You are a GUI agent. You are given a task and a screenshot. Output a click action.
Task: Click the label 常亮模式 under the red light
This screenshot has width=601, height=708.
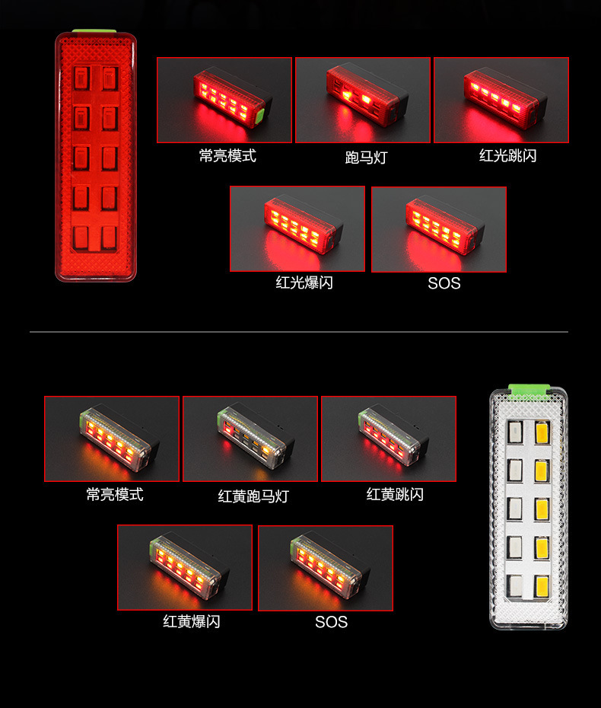[x=227, y=156]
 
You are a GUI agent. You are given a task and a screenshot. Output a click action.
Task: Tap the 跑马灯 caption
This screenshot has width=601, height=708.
[x=366, y=158]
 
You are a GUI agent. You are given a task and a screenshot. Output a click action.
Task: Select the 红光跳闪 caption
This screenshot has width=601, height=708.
[x=507, y=156]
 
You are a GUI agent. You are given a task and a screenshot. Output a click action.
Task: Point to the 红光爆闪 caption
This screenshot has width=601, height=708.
[x=304, y=282]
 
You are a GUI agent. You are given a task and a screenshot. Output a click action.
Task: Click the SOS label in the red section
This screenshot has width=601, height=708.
[x=444, y=283]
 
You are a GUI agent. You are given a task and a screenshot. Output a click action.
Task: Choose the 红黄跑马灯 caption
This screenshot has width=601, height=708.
[x=253, y=496]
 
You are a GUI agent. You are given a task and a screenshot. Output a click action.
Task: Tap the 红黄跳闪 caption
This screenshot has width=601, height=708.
[x=395, y=494]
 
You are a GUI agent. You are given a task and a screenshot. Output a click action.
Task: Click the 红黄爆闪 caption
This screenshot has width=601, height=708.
[x=191, y=622]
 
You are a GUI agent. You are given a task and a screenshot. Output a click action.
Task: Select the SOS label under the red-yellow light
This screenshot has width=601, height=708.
[x=331, y=622]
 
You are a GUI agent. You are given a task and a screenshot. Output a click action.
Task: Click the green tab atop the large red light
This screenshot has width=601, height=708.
[x=94, y=31]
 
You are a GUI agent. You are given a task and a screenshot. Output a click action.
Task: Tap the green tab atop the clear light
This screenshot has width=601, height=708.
[x=529, y=391]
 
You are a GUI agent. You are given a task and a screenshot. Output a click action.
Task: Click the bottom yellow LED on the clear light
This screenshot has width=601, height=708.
[x=542, y=585]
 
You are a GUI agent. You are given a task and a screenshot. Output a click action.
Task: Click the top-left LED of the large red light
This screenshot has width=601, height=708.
[x=81, y=78]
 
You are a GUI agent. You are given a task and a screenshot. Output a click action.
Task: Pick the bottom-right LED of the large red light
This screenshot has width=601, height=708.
[x=110, y=238]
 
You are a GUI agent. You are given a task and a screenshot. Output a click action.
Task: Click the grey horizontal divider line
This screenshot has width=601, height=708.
[x=299, y=332]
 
